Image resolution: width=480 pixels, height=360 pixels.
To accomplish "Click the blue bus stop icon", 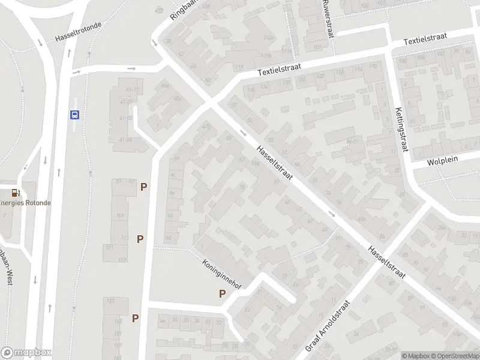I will click(75, 115).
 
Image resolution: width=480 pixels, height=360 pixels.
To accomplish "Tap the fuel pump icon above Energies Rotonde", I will click(15, 193).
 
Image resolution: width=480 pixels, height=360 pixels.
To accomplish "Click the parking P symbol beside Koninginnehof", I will click(222, 294).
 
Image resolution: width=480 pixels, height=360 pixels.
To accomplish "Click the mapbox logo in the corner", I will click(26, 353).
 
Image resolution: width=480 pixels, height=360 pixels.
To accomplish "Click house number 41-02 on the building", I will click(126, 118).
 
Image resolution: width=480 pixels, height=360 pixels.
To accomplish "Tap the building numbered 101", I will click(120, 215).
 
